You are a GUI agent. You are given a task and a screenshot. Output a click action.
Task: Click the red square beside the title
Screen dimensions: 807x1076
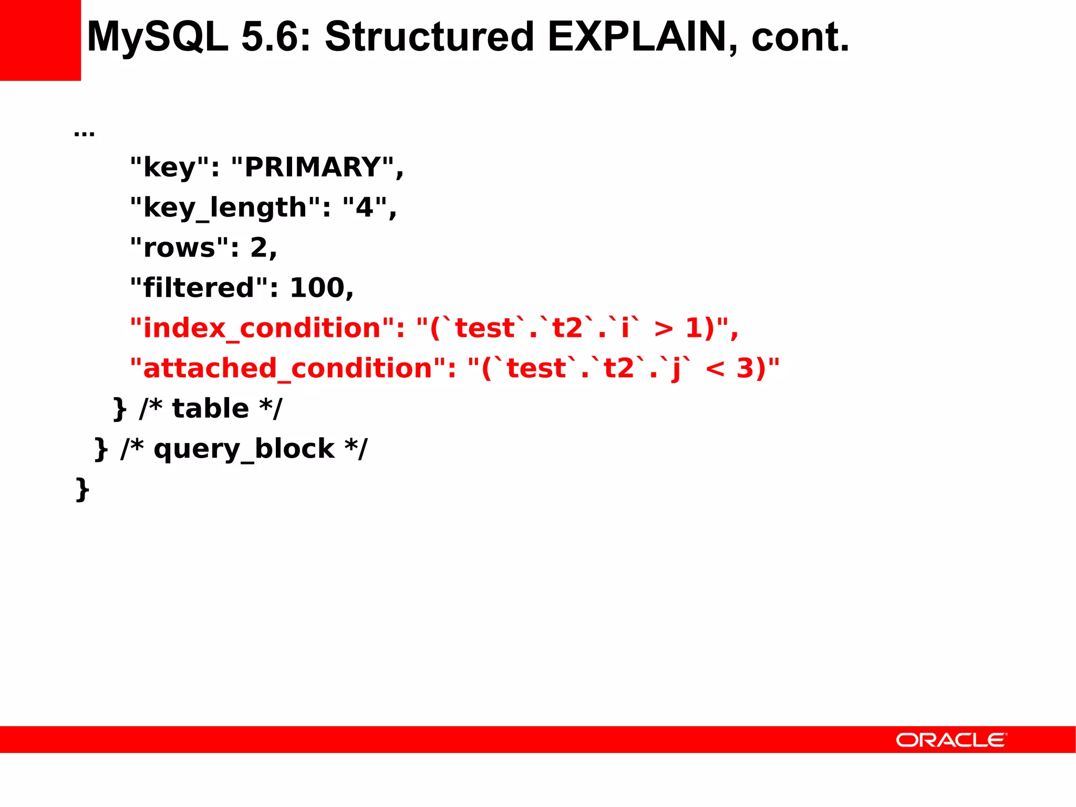tap(40, 40)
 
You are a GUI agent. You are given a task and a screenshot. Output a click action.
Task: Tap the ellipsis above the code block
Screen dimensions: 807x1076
tap(84, 132)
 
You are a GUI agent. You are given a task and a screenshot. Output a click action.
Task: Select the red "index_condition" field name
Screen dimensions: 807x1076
tap(262, 328)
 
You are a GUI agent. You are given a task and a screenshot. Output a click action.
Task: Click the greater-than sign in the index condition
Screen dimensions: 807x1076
tap(663, 329)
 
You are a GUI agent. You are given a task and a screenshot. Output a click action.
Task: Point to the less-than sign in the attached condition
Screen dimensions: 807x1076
tap(715, 369)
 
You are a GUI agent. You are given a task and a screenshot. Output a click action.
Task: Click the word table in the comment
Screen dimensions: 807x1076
tap(211, 409)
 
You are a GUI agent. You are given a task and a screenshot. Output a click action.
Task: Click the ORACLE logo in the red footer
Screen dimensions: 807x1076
tap(951, 740)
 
